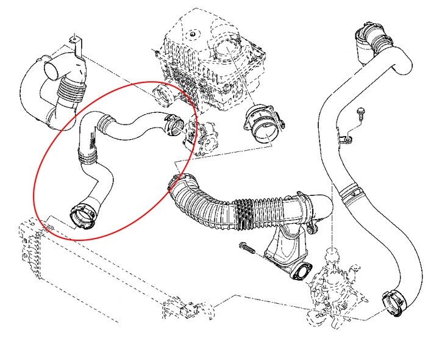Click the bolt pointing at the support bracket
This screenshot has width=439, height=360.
246,248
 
